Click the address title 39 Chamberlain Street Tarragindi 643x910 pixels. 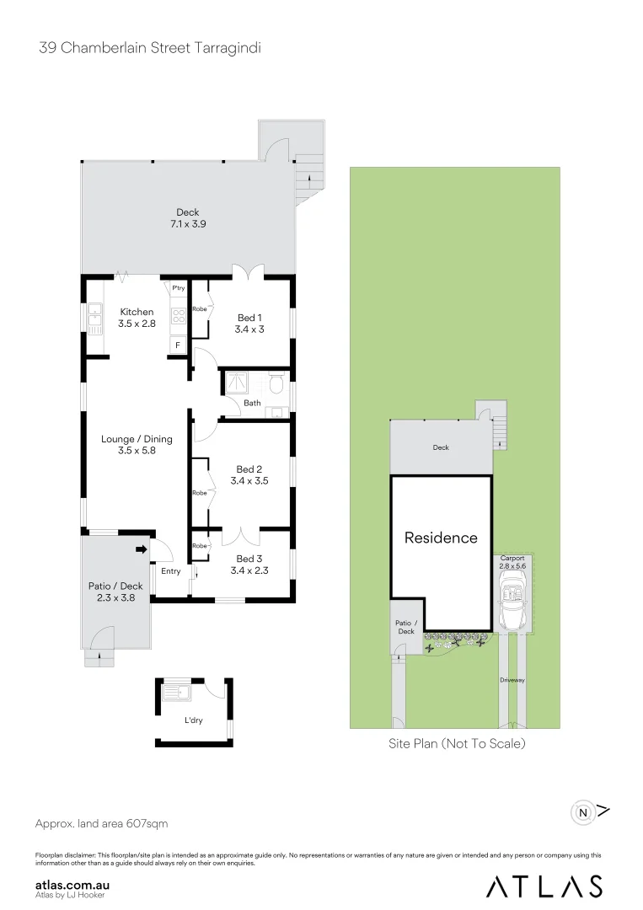click(150, 48)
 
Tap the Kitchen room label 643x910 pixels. click(137, 312)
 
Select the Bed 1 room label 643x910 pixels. click(249, 318)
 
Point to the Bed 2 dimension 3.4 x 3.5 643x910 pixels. click(249, 481)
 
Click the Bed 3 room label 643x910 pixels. click(249, 559)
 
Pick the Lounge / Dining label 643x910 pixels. click(137, 438)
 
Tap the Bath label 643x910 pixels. click(252, 403)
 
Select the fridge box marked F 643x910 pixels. click(178, 345)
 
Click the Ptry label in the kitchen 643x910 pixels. click(178, 288)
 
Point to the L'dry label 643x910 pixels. click(194, 720)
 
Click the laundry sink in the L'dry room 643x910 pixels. click(178, 694)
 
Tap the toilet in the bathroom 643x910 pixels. click(276, 384)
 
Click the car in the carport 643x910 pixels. click(512, 603)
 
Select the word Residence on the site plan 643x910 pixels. click(441, 538)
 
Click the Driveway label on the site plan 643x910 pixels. click(512, 679)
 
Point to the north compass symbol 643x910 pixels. click(583, 813)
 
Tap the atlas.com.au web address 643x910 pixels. click(73, 886)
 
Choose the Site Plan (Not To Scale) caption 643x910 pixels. click(456, 743)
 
